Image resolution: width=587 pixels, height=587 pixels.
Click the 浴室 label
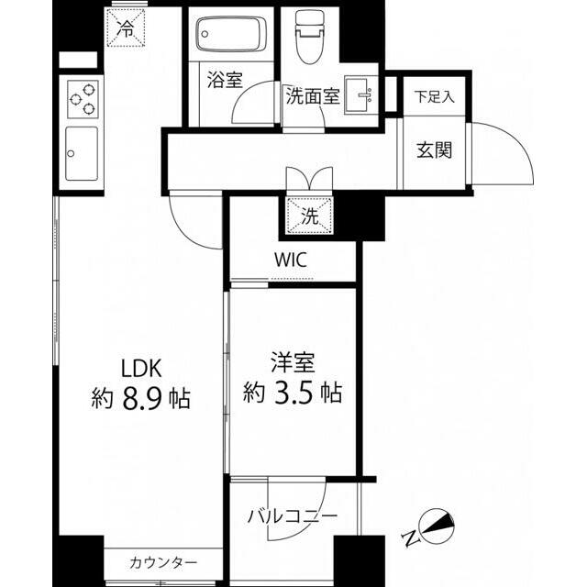tap(224, 80)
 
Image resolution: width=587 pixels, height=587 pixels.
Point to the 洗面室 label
tap(311, 95)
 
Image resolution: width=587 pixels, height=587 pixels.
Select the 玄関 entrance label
tap(435, 150)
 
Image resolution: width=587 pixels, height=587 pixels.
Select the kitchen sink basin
tap(81, 153)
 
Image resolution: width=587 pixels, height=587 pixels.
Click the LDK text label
tap(142, 368)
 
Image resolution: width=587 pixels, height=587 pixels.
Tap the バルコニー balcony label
tap(292, 516)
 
